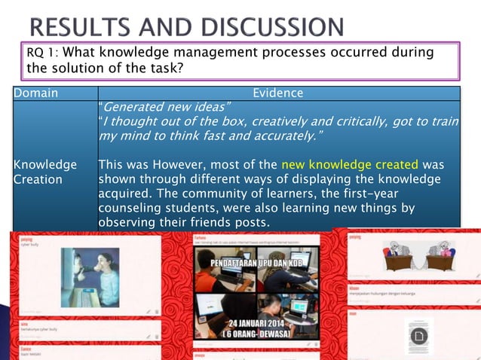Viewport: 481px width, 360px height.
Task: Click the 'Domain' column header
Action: (x=37, y=93)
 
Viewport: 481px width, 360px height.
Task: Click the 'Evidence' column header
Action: (x=277, y=93)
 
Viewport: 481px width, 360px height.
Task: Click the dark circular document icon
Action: (x=418, y=334)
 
